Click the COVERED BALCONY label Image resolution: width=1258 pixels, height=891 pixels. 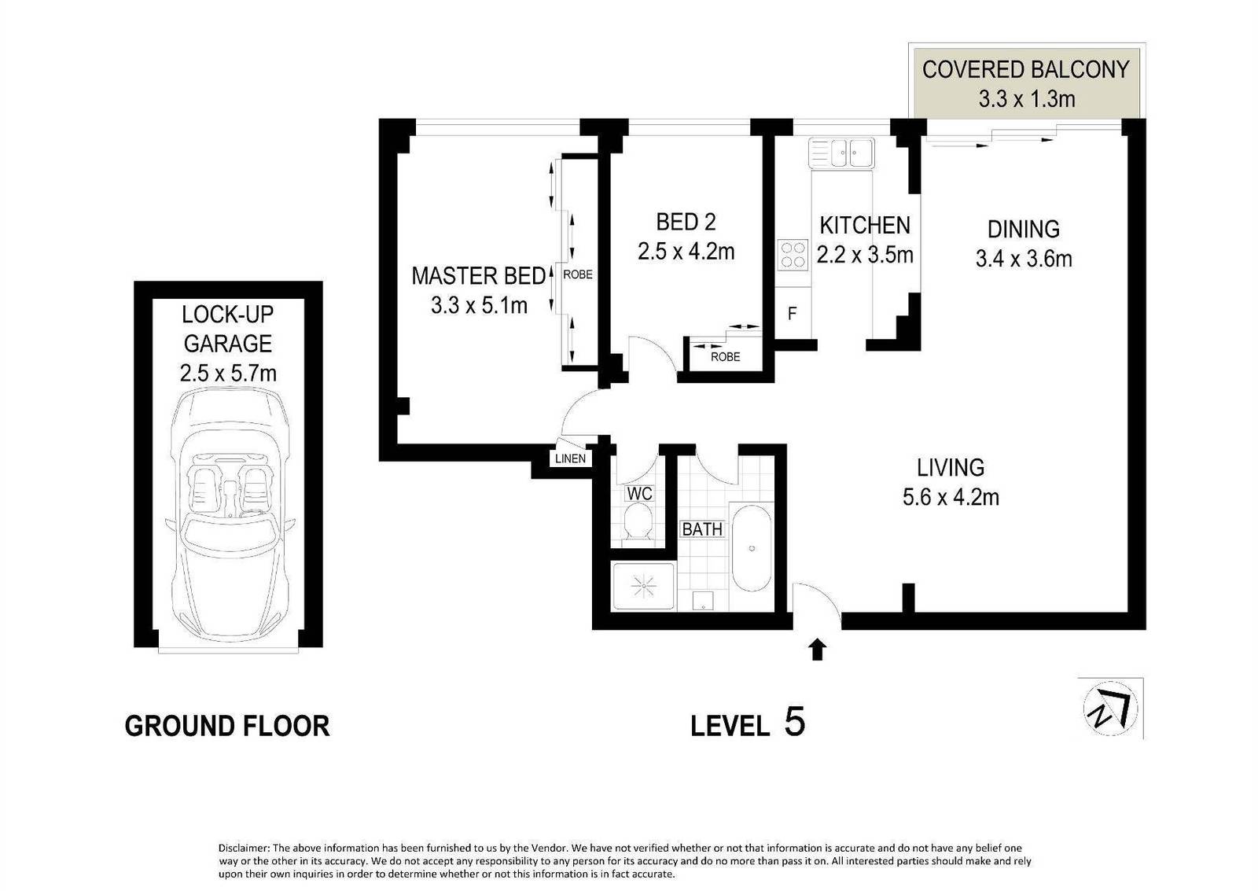(x=1025, y=69)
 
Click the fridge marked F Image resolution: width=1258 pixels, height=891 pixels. (x=793, y=314)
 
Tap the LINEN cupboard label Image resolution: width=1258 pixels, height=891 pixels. (x=570, y=458)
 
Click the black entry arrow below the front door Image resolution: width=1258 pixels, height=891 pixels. (x=817, y=649)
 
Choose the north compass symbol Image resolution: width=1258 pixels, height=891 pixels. (x=1109, y=708)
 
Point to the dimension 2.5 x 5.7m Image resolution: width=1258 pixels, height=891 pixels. (x=228, y=373)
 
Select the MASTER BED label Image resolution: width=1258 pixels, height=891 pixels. (x=478, y=276)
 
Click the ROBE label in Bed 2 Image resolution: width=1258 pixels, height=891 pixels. (x=725, y=357)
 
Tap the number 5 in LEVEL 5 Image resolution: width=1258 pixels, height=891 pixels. (x=794, y=721)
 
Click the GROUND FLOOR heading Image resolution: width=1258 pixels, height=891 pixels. (x=227, y=726)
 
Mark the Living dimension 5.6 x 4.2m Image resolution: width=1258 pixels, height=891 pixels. (x=951, y=497)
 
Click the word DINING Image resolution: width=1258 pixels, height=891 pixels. (x=1023, y=230)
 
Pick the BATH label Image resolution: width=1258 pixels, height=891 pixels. (x=701, y=529)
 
